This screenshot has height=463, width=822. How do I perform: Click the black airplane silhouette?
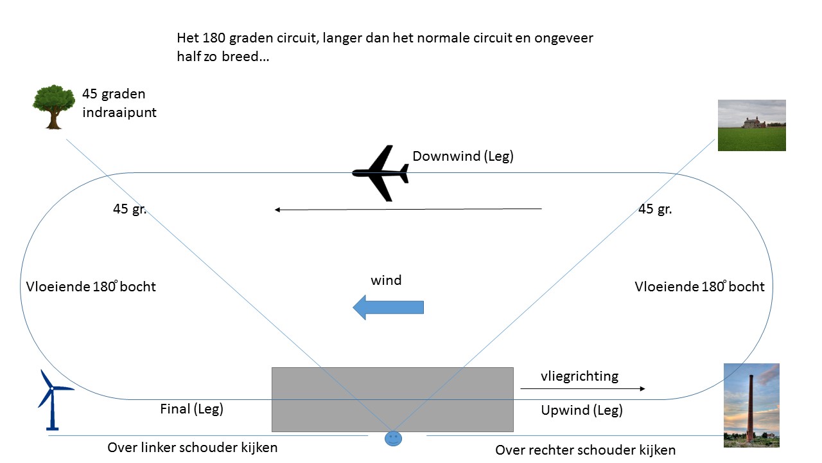[x=381, y=173]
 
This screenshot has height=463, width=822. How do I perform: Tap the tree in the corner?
[x=53, y=106]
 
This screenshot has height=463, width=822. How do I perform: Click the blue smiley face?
[x=392, y=439]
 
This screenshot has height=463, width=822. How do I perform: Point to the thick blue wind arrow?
[x=388, y=307]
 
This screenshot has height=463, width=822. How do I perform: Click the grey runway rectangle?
[x=392, y=399]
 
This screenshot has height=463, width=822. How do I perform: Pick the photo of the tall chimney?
[x=751, y=405]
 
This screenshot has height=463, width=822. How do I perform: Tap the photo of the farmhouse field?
[x=751, y=125]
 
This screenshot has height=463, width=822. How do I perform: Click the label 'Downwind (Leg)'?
[x=463, y=156]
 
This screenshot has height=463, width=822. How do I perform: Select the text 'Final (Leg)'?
[x=191, y=408]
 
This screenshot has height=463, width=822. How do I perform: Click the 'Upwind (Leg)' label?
[x=582, y=410]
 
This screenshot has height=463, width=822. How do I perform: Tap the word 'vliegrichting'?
[x=579, y=376]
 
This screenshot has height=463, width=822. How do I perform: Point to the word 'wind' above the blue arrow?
[x=386, y=280]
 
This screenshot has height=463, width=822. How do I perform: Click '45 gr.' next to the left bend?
[x=130, y=209]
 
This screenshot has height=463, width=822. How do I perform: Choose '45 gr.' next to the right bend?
[x=655, y=209]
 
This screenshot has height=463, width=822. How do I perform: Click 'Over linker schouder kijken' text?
[x=193, y=448]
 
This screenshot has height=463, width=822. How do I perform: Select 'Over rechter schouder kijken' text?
[x=585, y=450]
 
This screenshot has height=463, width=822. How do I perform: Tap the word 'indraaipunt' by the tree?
[x=119, y=113]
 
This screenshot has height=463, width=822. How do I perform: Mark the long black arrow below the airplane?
[x=408, y=209]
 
